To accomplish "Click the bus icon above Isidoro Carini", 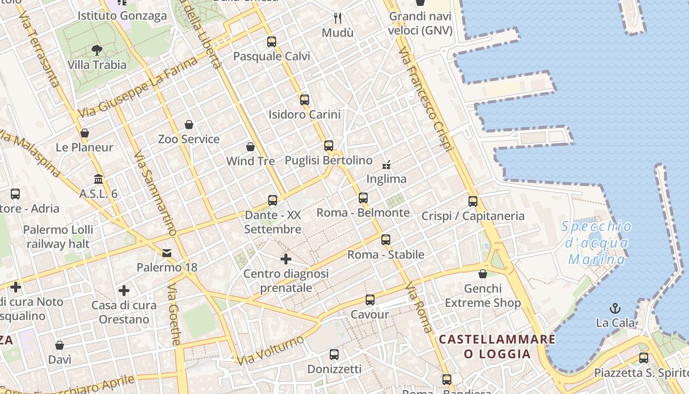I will [x=305, y=100].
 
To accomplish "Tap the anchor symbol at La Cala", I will [x=615, y=309].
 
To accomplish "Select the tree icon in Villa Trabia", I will [x=97, y=50].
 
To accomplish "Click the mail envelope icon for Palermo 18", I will [x=167, y=253].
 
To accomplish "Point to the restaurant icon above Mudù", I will [x=338, y=18].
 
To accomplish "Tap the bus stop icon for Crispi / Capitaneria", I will [x=473, y=201].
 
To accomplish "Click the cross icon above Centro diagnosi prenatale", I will [x=286, y=259].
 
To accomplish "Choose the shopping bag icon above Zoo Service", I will [x=189, y=125].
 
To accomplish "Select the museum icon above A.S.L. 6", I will [x=98, y=179].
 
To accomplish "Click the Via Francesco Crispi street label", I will [x=426, y=99].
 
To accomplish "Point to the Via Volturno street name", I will [x=270, y=350].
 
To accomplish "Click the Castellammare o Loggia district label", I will [x=497, y=346].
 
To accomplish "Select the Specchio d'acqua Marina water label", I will [x=596, y=243].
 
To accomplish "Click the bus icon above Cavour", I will [x=370, y=300].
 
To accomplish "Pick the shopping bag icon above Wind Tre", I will [x=251, y=147].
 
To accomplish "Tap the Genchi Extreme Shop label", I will [x=483, y=295].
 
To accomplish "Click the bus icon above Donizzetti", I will [x=334, y=355].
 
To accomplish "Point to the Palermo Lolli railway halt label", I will [x=58, y=236].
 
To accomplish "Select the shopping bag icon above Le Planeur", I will [x=85, y=133].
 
